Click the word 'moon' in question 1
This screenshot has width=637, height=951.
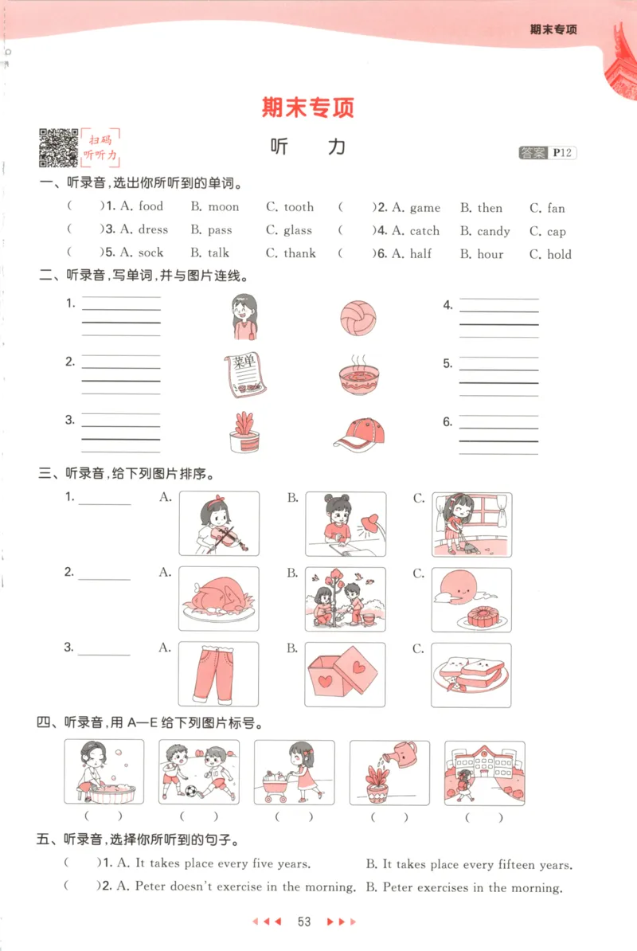point(223,207)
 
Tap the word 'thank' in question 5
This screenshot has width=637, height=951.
point(299,253)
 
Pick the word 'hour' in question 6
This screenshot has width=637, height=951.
point(490,254)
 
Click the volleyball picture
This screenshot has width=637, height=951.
point(356,316)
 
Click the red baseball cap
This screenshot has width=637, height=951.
point(359,433)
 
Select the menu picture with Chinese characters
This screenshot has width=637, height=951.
point(244,374)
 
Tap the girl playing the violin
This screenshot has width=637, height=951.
point(219,523)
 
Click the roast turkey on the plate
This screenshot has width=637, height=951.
point(218,599)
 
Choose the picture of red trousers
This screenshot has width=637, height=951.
point(218,674)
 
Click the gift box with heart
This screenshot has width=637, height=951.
point(345,675)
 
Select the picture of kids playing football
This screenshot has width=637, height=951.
point(198,771)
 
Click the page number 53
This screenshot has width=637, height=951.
point(303,922)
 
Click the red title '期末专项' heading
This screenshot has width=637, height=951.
point(307,108)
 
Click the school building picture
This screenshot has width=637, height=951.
point(484,771)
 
